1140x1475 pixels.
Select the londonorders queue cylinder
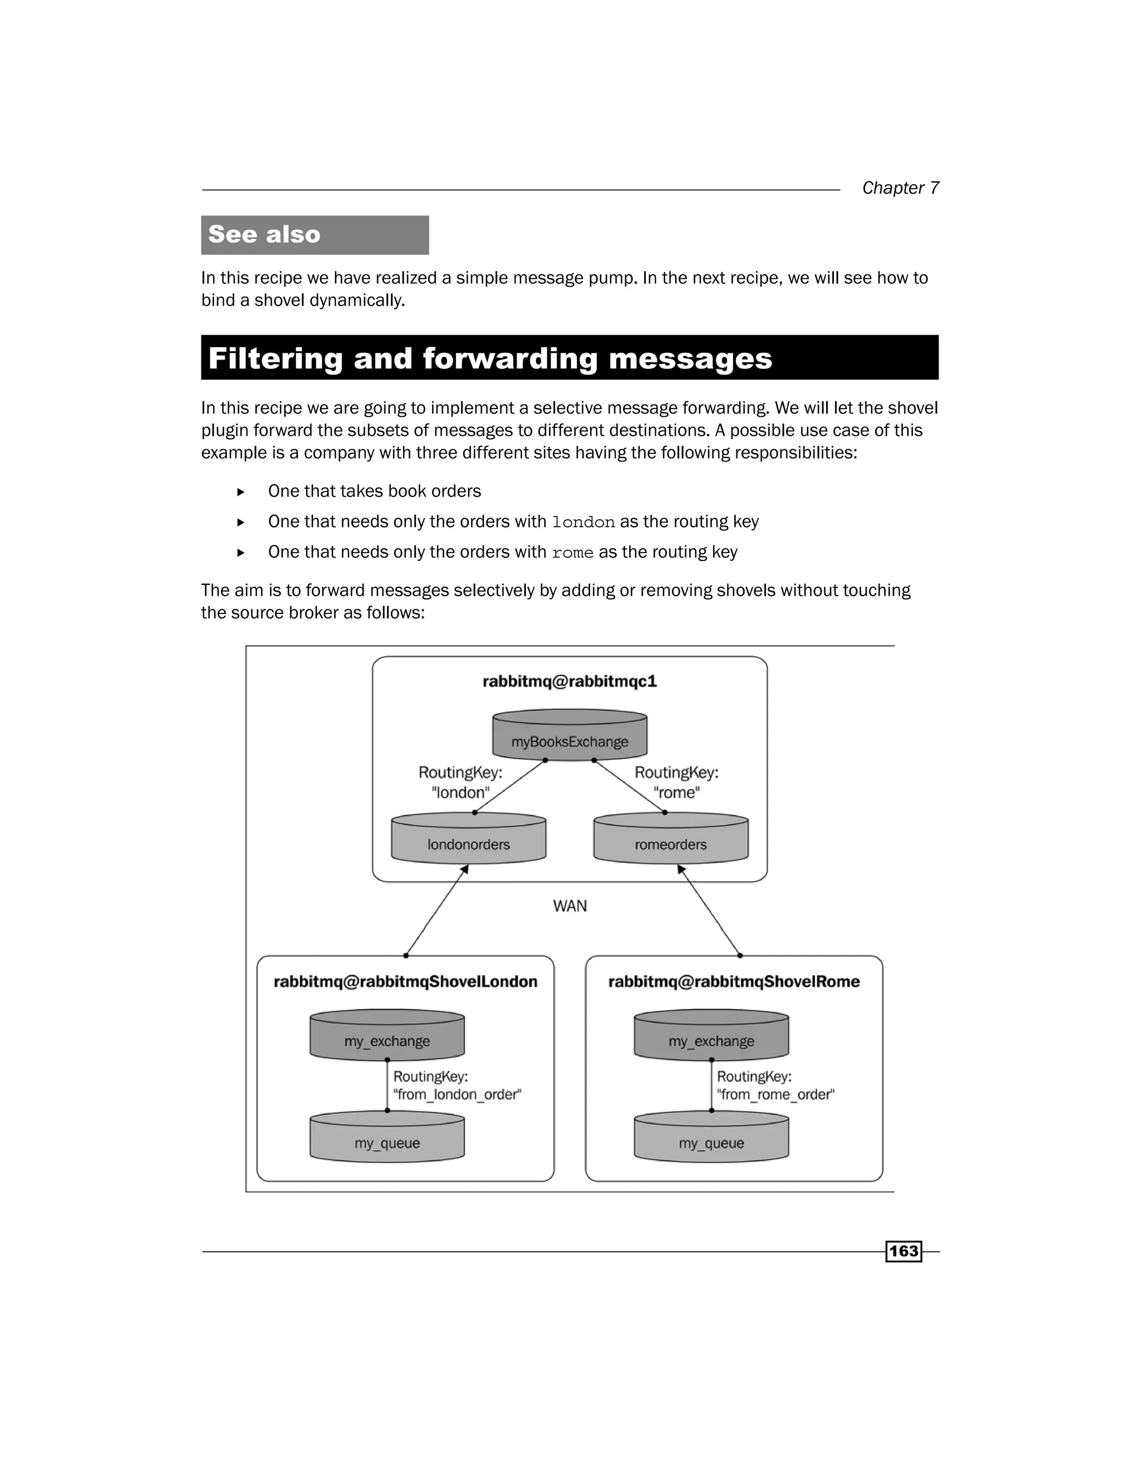coord(468,839)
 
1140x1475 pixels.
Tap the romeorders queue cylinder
coord(671,839)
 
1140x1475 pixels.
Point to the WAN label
coord(569,906)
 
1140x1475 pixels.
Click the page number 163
coord(903,1251)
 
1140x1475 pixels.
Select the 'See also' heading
coord(264,234)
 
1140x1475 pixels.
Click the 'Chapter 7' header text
coord(900,188)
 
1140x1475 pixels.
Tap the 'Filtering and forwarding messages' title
coord(490,358)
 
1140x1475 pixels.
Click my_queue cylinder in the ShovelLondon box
coord(387,1139)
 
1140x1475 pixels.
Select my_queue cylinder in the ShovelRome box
coord(711,1139)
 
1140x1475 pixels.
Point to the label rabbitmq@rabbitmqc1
coord(569,681)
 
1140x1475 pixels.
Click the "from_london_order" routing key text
coord(457,1094)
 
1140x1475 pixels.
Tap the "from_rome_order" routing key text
coord(775,1094)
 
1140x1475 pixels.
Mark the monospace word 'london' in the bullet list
coord(583,523)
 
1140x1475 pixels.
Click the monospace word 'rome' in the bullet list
coord(572,553)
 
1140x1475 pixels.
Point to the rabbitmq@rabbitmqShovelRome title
coord(734,981)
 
